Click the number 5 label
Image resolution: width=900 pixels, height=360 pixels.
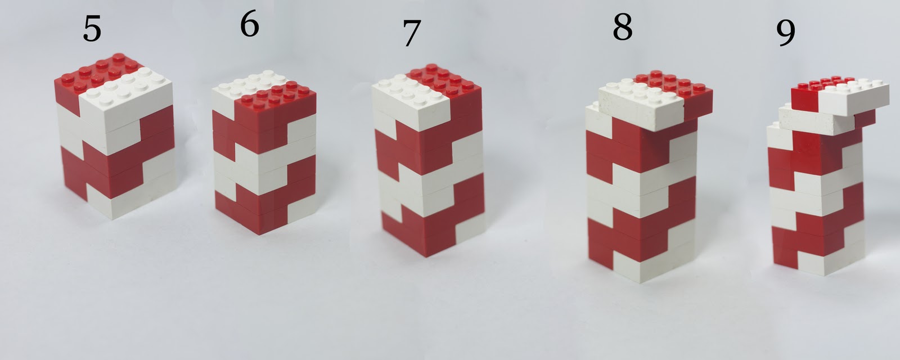[92, 29]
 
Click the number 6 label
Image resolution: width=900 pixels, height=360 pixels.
[249, 25]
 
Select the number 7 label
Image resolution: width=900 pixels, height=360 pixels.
[411, 34]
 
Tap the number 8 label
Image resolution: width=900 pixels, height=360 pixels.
[622, 27]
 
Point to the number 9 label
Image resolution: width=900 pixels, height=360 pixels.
[786, 33]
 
